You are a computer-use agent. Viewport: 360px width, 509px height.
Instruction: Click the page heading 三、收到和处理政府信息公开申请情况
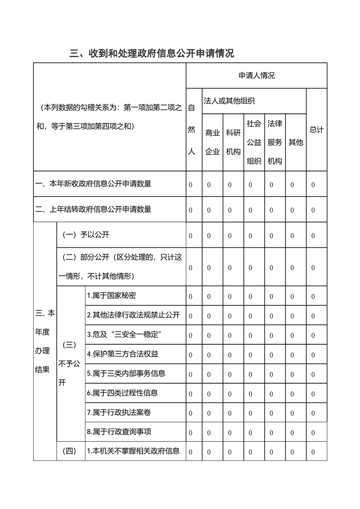(152, 54)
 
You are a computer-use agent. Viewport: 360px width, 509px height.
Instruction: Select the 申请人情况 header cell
(256, 75)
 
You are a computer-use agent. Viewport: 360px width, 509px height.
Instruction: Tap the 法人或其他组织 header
(229, 101)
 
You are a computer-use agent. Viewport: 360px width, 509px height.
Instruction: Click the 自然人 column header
(192, 130)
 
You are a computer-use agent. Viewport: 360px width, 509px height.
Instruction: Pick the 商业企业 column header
(212, 142)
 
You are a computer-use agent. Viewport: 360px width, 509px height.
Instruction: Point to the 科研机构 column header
(233, 142)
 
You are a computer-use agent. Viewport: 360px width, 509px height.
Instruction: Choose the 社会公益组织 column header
(254, 142)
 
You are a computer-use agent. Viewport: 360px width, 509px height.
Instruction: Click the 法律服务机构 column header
(275, 142)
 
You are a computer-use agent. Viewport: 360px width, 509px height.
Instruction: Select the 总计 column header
(316, 130)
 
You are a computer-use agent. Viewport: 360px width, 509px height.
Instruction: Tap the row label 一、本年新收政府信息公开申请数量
(94, 184)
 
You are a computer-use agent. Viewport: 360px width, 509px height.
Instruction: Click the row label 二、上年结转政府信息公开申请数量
(94, 209)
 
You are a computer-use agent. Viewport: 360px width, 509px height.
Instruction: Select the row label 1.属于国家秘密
(111, 296)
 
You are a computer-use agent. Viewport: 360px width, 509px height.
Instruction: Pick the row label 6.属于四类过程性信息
(123, 393)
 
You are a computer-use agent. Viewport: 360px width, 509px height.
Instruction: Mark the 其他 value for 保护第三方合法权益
(292, 355)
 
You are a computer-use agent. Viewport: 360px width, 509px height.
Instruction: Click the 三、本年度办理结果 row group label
(45, 341)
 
